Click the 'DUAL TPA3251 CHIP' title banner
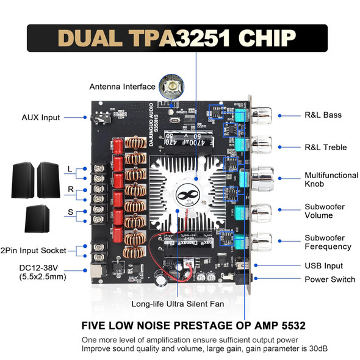coord(179,39)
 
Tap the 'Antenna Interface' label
coord(122,86)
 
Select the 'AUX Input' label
coord(42,117)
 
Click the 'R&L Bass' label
coord(323,115)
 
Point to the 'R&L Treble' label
coord(325,146)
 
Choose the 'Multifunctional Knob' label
coord(331,179)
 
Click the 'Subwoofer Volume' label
coord(326,211)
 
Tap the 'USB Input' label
coord(323,266)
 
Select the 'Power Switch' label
coord(329,279)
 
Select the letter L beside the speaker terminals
coord(70,168)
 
